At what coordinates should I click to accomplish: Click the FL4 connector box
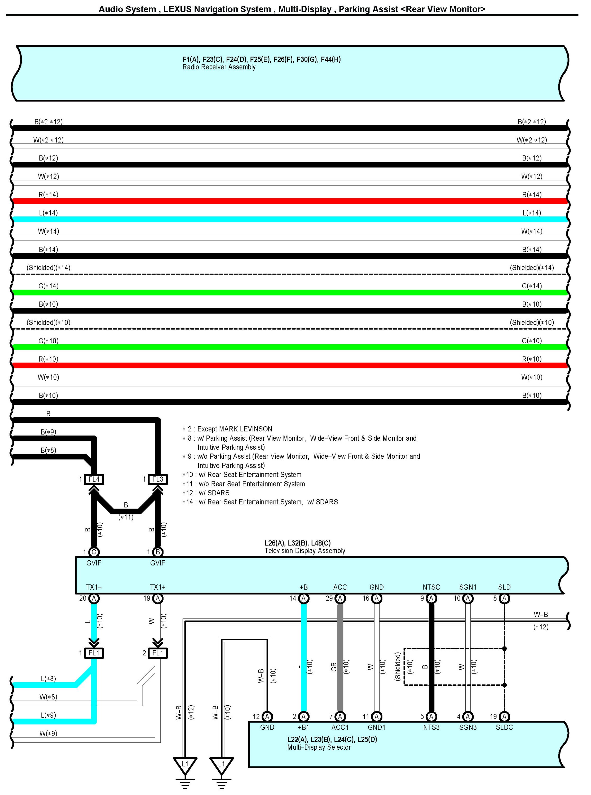[94, 479]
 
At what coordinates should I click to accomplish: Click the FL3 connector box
[158, 479]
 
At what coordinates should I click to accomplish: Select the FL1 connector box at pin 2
[158, 653]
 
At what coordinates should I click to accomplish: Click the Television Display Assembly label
[305, 551]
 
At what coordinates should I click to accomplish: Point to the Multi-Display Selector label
[319, 747]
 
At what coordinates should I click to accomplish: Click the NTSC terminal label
[431, 587]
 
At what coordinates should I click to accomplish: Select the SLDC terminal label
[504, 727]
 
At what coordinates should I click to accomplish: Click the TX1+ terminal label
[158, 587]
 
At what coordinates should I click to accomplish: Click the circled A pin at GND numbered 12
[267, 716]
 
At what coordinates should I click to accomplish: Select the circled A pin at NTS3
[431, 716]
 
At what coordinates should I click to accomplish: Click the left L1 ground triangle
[185, 765]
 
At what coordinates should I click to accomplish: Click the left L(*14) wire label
[48, 213]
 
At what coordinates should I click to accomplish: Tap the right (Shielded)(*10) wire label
[532, 322]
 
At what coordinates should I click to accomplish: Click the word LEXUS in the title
[178, 9]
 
